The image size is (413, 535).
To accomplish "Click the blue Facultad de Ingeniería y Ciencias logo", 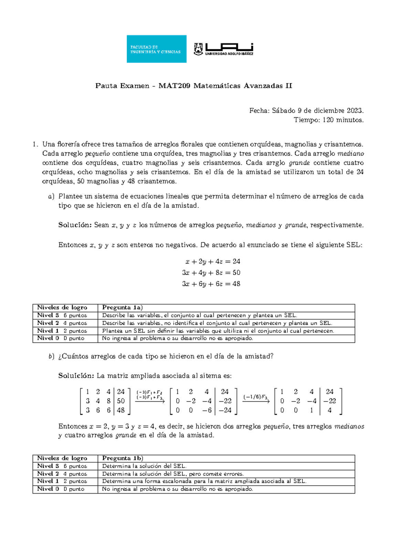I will tap(156, 49).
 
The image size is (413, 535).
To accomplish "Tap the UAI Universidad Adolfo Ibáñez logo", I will tap(224, 49).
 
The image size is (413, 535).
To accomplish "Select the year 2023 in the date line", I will tap(354, 111).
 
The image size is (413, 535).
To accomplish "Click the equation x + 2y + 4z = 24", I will tap(213, 261).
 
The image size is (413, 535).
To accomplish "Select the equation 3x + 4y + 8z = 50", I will tap(211, 272).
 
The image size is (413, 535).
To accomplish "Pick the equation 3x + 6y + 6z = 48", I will tap(211, 284).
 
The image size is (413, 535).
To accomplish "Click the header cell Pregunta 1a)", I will tap(122, 308).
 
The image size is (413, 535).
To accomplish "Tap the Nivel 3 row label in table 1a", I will tap(48, 315).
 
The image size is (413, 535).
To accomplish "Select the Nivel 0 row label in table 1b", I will tap(48, 489).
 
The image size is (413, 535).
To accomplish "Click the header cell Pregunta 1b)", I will tap(122, 458).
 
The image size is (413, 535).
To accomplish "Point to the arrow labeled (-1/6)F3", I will tap(256, 400).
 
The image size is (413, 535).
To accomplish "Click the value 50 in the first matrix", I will tap(121, 401).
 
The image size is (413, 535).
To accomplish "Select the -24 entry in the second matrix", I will tap(225, 410).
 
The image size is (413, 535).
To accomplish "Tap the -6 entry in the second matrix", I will tap(206, 410).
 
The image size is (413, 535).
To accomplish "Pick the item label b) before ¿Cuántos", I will tap(52, 357).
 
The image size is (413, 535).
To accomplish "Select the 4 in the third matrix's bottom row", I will tap(329, 410).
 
